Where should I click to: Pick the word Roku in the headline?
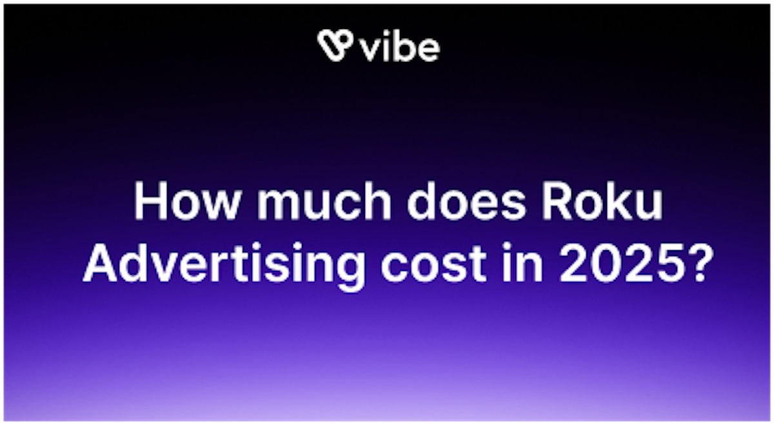[610, 202]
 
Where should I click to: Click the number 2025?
[620, 264]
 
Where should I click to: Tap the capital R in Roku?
[570, 202]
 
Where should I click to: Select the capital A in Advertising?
[101, 264]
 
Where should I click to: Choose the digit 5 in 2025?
[668, 264]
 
